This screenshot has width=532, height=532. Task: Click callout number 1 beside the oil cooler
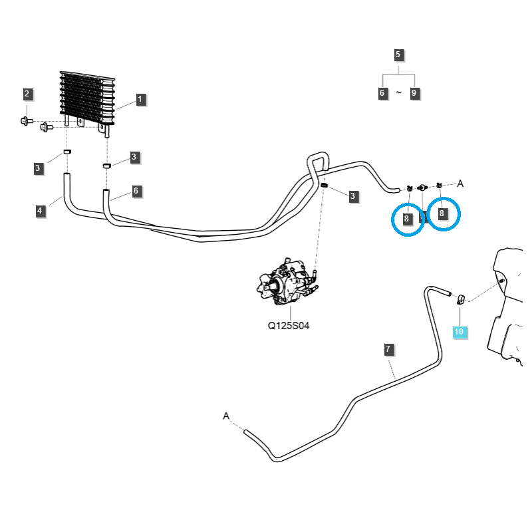pyautogui.click(x=140, y=100)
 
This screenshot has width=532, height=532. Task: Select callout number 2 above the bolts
pyautogui.click(x=27, y=94)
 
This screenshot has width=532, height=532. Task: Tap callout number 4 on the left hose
pyautogui.click(x=40, y=211)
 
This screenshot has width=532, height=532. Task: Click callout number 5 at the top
pyautogui.click(x=398, y=55)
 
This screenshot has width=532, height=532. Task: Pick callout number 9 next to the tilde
pyautogui.click(x=414, y=93)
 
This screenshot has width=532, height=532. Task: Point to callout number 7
pyautogui.click(x=388, y=348)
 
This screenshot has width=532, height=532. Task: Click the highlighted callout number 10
pyautogui.click(x=460, y=331)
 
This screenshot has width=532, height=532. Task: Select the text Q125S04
pyautogui.click(x=289, y=326)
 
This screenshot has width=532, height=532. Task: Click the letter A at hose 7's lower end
pyautogui.click(x=226, y=416)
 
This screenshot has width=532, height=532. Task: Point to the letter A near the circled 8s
pyautogui.click(x=460, y=183)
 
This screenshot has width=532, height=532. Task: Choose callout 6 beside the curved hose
pyautogui.click(x=136, y=191)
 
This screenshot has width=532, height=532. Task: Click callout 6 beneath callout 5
pyautogui.click(x=382, y=93)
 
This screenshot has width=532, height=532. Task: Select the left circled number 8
pyautogui.click(x=407, y=217)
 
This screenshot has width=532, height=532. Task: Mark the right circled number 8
pyautogui.click(x=442, y=213)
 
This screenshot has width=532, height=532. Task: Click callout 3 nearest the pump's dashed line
pyautogui.click(x=353, y=196)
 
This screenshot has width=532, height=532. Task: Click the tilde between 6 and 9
pyautogui.click(x=398, y=93)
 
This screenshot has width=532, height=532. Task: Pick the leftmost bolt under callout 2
pyautogui.click(x=25, y=120)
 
